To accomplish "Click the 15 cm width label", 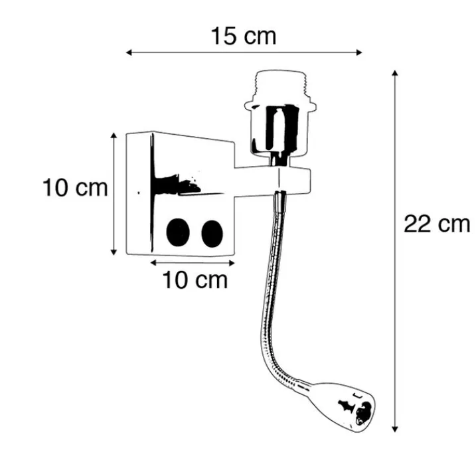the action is [244, 36].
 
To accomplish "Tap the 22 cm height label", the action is [437, 224].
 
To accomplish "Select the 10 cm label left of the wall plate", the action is [75, 188].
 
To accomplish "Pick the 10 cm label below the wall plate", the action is [195, 280].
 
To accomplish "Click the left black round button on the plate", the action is [178, 232].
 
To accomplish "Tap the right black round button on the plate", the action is [212, 234].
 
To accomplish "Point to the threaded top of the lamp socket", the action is [280, 86].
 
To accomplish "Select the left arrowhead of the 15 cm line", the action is [129, 52].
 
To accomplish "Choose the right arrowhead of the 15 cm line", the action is [358, 52].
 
